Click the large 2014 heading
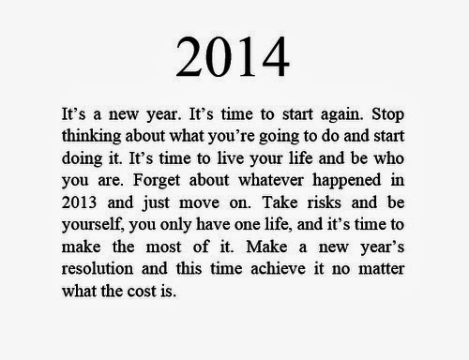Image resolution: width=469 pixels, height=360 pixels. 233,56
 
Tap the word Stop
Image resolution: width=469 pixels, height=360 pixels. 387,115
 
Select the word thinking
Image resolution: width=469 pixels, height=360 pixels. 91,137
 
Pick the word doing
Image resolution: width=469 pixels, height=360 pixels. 82,159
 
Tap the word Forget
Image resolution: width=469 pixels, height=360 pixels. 157,181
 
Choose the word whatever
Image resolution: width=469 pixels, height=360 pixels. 271,180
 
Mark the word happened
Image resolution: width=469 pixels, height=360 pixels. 347,181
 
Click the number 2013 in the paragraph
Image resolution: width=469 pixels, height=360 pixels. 79,202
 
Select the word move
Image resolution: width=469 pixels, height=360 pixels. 199,203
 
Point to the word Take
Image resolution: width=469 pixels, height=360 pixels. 280,202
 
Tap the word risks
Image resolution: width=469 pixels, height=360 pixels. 324,202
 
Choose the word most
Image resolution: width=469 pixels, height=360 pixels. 163,247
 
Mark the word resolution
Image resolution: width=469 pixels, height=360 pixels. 98,269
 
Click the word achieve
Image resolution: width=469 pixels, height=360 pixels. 278,269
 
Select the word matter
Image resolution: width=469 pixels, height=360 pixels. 381,269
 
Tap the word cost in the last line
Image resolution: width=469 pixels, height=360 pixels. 142,292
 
